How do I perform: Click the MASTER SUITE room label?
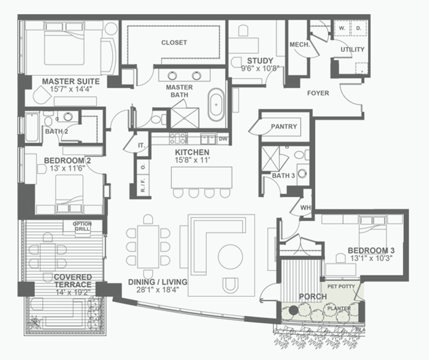tap(71, 81)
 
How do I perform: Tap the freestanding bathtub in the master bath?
tap(216, 104)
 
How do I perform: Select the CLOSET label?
tap(174, 42)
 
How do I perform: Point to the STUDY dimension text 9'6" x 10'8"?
tap(260, 68)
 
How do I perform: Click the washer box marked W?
tap(342, 28)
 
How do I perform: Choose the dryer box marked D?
tap(358, 28)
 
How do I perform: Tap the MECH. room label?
tap(299, 45)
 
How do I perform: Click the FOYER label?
tap(318, 93)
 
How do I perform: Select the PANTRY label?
tap(284, 126)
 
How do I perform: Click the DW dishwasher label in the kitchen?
tap(223, 139)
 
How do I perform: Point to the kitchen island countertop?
tap(202, 177)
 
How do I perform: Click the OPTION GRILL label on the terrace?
tap(82, 226)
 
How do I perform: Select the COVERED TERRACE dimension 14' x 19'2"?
tap(72, 292)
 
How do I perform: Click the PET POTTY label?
tap(341, 287)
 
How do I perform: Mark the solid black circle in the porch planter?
tap(293, 310)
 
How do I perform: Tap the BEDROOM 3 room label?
tap(371, 250)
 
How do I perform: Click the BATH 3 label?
tap(283, 175)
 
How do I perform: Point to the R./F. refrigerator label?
tap(143, 185)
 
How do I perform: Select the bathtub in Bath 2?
tap(32, 127)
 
